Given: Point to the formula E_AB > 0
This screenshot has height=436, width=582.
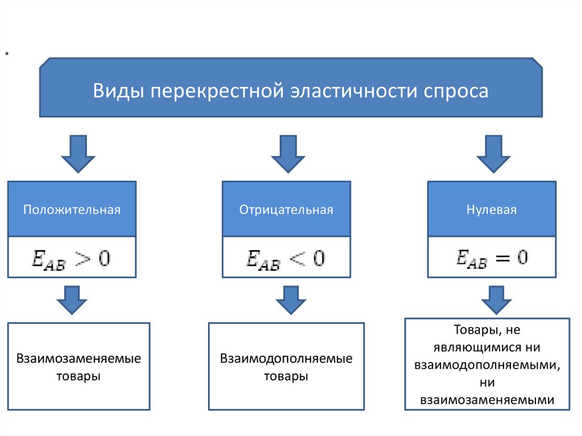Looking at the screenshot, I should [x=72, y=258].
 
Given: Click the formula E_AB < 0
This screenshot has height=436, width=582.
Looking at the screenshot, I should [x=286, y=258].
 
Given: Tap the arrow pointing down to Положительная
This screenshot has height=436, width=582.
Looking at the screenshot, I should [x=77, y=153].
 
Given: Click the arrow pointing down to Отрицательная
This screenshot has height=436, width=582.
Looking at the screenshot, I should [x=288, y=153].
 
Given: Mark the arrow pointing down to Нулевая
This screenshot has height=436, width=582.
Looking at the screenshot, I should [x=492, y=153].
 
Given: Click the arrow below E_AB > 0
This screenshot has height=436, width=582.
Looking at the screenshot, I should [x=72, y=299].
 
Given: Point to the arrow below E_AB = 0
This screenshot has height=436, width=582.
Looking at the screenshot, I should [x=492, y=299].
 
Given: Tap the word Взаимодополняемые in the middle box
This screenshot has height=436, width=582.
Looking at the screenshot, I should [x=286, y=359].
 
